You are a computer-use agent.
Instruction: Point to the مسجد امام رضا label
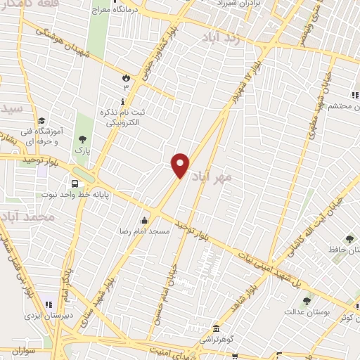pos(145,230)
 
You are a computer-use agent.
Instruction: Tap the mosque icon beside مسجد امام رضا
pos(145,219)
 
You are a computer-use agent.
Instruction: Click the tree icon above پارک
pos(83,139)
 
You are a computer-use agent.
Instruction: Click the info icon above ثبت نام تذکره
pos(124,101)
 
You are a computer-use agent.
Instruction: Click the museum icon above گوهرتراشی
pos(216,329)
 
